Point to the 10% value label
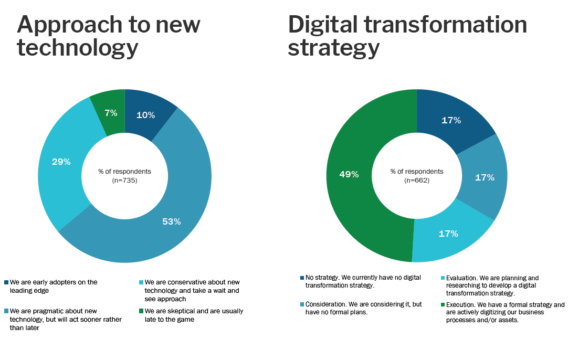click(145, 115)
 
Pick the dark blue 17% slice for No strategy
click(451, 120)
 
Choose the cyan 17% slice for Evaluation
click(448, 234)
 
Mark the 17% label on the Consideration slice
click(484, 177)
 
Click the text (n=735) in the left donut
click(124, 181)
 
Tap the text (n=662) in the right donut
click(416, 181)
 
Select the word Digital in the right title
click(325, 25)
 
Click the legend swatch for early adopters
click(6, 282)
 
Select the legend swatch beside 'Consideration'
click(302, 304)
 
